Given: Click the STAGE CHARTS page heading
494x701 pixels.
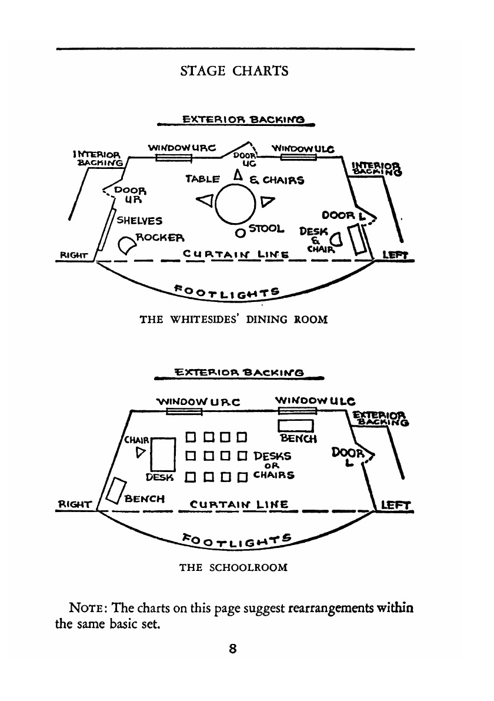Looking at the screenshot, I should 234,71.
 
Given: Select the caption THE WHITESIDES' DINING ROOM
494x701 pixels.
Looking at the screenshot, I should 233,320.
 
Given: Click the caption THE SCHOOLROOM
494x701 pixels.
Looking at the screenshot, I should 233,568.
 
